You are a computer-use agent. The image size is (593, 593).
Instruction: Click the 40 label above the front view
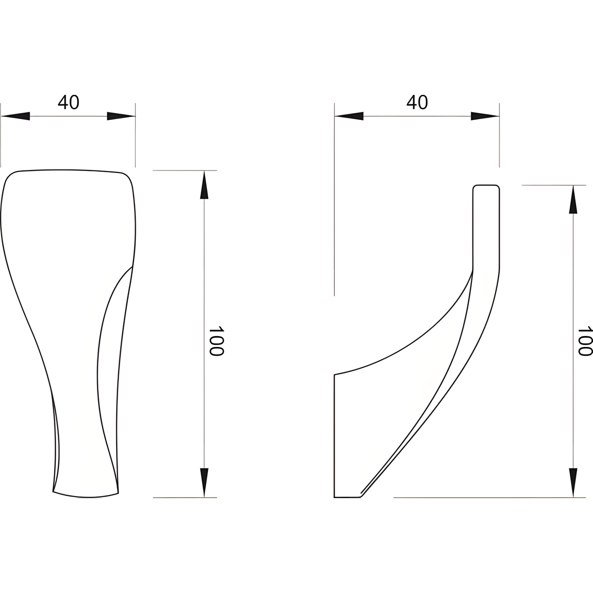point(68,102)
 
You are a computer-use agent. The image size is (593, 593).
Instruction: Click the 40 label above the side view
point(417,102)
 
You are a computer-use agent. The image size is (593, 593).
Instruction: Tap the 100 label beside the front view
point(216,341)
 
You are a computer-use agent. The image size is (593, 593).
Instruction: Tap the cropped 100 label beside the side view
point(585,341)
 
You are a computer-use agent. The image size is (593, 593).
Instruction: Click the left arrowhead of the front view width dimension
point(15,116)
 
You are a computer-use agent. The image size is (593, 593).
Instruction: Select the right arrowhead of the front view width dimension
point(121,116)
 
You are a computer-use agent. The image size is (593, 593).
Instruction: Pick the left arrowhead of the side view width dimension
point(349,116)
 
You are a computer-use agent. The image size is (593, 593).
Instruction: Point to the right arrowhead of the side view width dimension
point(485,116)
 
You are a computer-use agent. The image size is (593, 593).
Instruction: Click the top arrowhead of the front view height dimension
point(204,185)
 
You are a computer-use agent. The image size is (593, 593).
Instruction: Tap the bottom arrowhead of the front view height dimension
point(204,482)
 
